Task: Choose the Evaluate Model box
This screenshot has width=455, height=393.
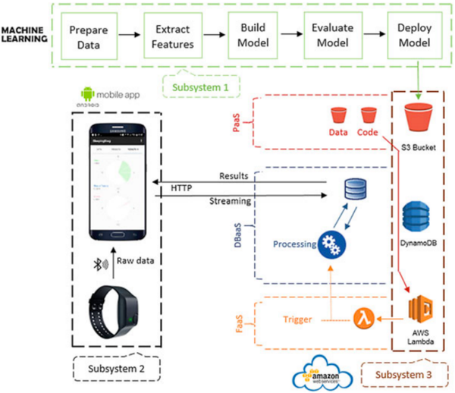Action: point(334,38)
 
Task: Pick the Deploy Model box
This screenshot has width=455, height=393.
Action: point(415,38)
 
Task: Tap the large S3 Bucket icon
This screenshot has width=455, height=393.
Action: point(418,120)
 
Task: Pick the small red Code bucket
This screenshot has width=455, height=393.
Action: point(369,116)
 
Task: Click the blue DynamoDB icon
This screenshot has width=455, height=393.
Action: point(418,219)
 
